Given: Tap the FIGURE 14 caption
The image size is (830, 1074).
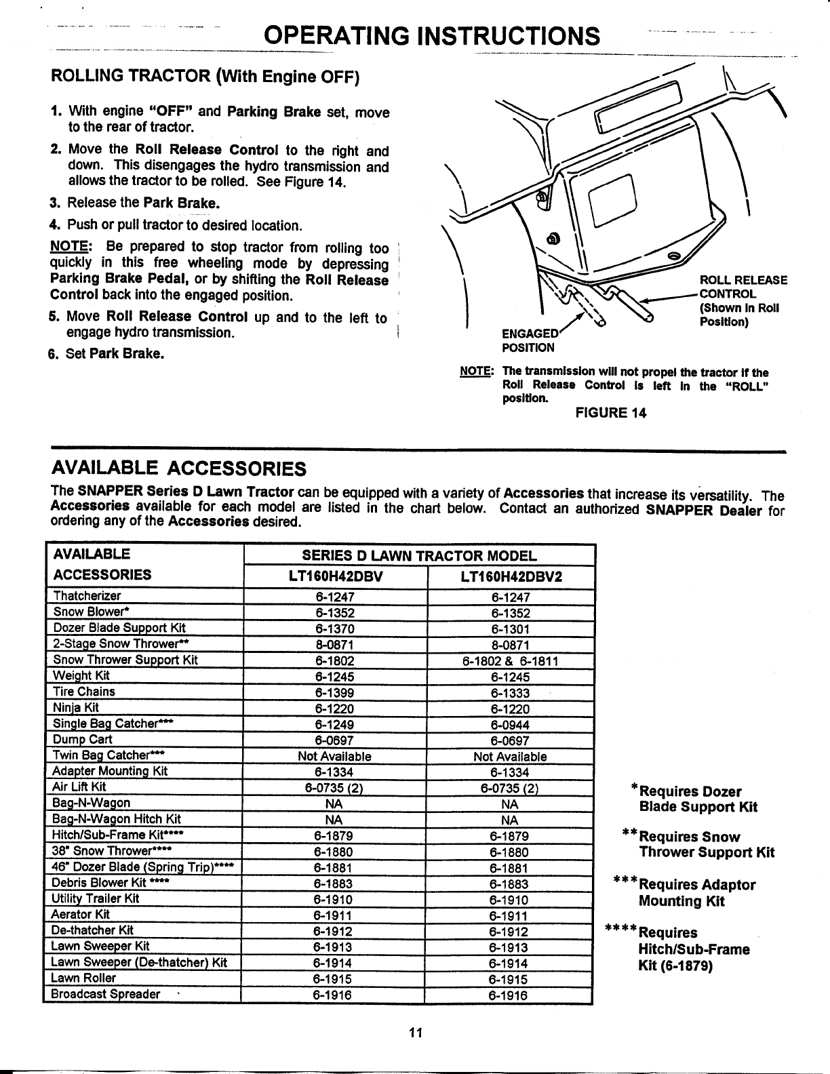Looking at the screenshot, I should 610,413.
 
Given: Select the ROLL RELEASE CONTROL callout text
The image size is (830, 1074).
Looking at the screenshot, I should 742,300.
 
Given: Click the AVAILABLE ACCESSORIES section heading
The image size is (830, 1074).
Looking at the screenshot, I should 179,469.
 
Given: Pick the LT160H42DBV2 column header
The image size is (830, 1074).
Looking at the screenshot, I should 510,577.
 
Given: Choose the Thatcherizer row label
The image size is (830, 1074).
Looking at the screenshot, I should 87,596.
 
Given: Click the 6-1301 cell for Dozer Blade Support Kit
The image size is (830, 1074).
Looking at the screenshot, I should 510,629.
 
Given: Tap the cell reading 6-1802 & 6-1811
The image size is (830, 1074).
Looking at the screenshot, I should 510,660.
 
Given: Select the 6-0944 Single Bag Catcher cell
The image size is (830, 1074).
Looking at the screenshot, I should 510,725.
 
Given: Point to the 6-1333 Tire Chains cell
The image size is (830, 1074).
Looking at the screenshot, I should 510,693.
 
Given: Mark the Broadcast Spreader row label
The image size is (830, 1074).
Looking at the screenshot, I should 106,994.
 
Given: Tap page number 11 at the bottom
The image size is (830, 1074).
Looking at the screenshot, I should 415,1033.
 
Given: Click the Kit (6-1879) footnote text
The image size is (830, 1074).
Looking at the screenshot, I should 675,965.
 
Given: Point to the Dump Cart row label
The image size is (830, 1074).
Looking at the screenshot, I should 82,739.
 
